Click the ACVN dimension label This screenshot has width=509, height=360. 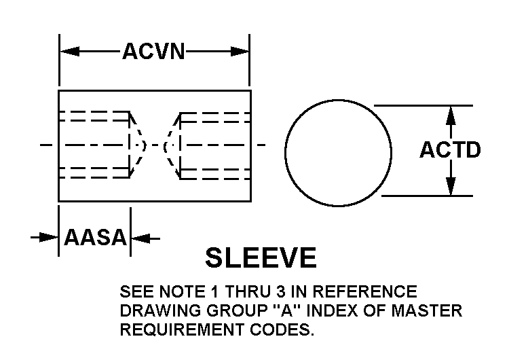point(153,52)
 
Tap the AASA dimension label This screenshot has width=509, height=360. point(96,238)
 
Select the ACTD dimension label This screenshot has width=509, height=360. point(450,150)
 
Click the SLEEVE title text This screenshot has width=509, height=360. point(261,258)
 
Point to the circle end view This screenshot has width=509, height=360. point(338,151)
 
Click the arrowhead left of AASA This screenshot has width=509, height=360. point(49,238)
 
